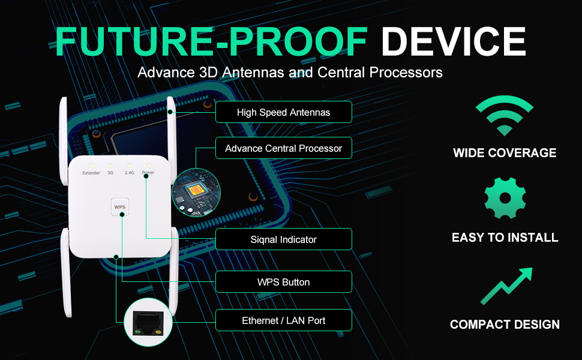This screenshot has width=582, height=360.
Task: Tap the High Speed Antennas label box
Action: click(x=283, y=112)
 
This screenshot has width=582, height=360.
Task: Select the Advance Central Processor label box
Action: click(x=283, y=148)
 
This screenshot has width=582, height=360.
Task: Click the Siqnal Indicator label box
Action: click(x=283, y=239)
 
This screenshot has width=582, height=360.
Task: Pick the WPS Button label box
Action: click(x=283, y=282)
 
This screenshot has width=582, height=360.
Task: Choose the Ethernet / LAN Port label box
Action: click(x=283, y=320)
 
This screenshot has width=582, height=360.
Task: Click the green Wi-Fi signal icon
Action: click(x=505, y=115)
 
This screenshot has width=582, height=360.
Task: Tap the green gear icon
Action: click(x=505, y=197)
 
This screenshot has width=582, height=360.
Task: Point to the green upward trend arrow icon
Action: click(x=506, y=286)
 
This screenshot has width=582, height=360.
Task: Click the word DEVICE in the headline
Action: click(x=454, y=41)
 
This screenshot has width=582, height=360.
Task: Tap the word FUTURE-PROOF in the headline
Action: click(x=211, y=41)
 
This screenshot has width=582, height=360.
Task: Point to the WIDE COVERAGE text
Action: click(x=505, y=153)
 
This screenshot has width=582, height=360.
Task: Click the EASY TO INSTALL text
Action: click(x=505, y=238)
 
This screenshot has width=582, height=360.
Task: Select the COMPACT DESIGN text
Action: click(x=505, y=325)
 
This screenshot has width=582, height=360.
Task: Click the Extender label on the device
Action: click(x=91, y=173)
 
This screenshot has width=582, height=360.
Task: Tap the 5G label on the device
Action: click(x=110, y=173)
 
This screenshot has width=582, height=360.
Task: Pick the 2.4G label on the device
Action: click(x=129, y=173)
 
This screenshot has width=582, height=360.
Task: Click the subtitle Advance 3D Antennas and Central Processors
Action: click(x=290, y=73)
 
